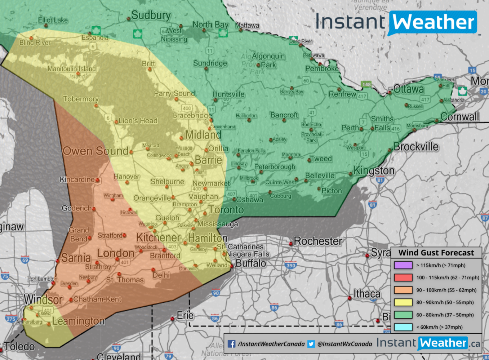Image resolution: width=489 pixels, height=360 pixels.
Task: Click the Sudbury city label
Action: tap(151, 15)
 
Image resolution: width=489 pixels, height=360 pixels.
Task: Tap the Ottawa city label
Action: tap(408, 89)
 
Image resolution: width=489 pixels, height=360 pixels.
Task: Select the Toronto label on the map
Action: tap(226, 209)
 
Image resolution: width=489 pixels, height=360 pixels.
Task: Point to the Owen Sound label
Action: tap(95, 151)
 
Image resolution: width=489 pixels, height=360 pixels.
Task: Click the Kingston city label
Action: tap(374, 170)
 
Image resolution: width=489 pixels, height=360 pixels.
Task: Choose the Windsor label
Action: tap(43, 299)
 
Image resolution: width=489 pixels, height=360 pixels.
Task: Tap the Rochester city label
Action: tap(318, 241)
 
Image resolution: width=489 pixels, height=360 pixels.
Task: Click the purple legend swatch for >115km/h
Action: tap(403, 265)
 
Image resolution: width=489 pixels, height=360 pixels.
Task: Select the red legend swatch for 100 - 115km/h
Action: tap(403, 277)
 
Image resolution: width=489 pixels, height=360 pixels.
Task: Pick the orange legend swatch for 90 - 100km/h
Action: tap(403, 290)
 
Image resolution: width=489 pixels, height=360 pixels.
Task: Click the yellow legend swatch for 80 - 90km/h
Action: tap(403, 302)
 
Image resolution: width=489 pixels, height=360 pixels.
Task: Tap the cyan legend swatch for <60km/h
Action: tap(403, 327)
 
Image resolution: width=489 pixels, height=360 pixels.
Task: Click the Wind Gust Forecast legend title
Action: tap(436, 253)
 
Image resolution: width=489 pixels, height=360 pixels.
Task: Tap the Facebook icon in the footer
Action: tap(232, 344)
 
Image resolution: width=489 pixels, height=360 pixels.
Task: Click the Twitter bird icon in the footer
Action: tap(311, 344)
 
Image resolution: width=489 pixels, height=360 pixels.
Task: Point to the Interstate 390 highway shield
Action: tap(290, 266)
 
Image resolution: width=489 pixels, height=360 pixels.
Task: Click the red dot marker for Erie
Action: tap(173, 319)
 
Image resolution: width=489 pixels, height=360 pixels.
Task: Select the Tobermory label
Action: tap(81, 99)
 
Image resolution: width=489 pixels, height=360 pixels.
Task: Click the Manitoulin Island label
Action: tap(72, 69)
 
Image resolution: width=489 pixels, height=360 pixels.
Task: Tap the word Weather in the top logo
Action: tap(433, 22)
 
